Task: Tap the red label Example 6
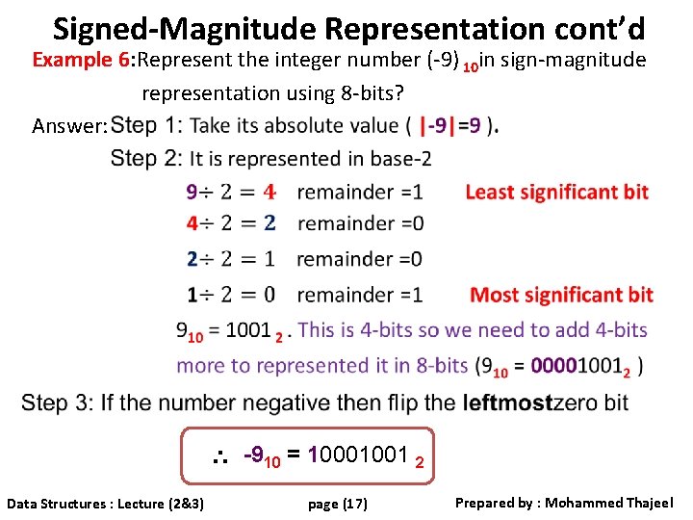(81, 60)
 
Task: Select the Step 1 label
(146, 125)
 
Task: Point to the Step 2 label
(145, 158)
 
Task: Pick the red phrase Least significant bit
(556, 192)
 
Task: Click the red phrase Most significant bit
(561, 295)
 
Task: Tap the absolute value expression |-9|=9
(451, 125)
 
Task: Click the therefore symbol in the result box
(219, 455)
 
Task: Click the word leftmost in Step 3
(507, 402)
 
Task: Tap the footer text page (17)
(337, 503)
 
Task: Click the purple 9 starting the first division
(192, 193)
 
